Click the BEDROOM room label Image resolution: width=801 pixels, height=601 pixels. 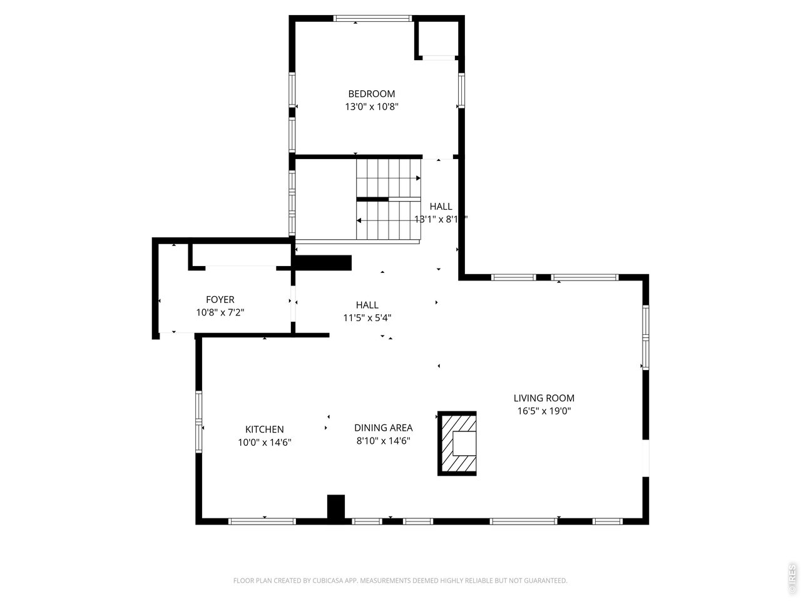point(371,94)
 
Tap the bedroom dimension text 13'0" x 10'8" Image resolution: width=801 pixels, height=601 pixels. point(371,106)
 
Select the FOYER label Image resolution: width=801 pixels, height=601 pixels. point(220,300)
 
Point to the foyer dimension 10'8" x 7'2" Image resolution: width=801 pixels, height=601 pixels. point(220,312)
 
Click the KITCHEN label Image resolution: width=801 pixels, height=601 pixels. point(264,429)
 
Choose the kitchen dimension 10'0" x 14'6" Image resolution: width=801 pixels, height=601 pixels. point(264,442)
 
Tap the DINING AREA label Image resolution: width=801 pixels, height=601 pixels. point(383,428)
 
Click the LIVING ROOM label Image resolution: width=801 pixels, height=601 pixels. point(543,398)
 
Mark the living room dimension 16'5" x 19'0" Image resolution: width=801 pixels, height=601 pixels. point(543,411)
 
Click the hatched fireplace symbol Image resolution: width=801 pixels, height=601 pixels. point(457,443)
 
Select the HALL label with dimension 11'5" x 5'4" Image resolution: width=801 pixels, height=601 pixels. point(367,305)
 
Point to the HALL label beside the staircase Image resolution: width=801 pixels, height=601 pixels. point(441,207)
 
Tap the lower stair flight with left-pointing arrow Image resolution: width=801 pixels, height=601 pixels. point(388,220)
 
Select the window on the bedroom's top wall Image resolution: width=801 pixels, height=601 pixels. point(373,18)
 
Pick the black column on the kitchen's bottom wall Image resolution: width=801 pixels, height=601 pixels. point(336,506)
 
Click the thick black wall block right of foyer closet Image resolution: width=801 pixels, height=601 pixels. point(323,262)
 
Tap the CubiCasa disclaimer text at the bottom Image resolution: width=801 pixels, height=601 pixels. point(400,581)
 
